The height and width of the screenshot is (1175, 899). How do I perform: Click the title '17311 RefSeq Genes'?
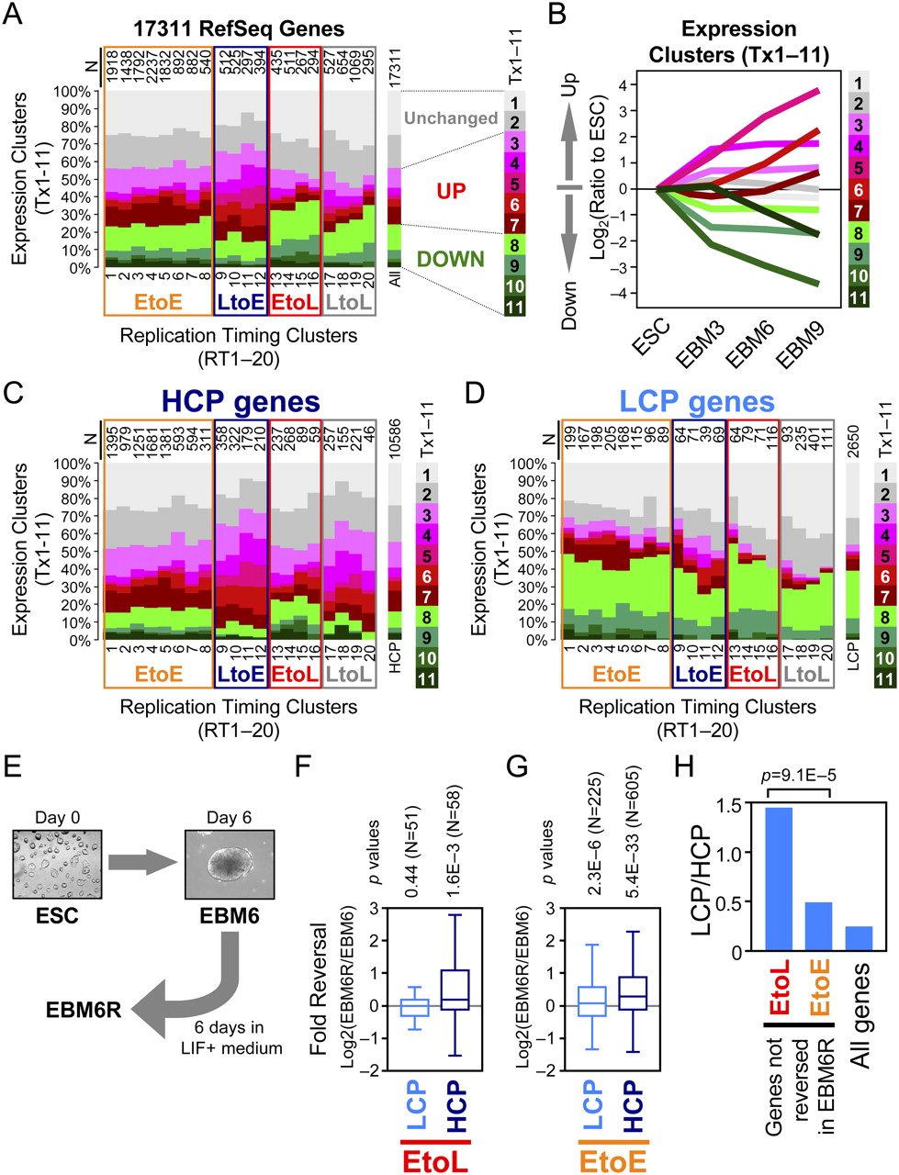click(238, 28)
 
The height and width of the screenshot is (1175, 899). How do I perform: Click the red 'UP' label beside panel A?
click(452, 192)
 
